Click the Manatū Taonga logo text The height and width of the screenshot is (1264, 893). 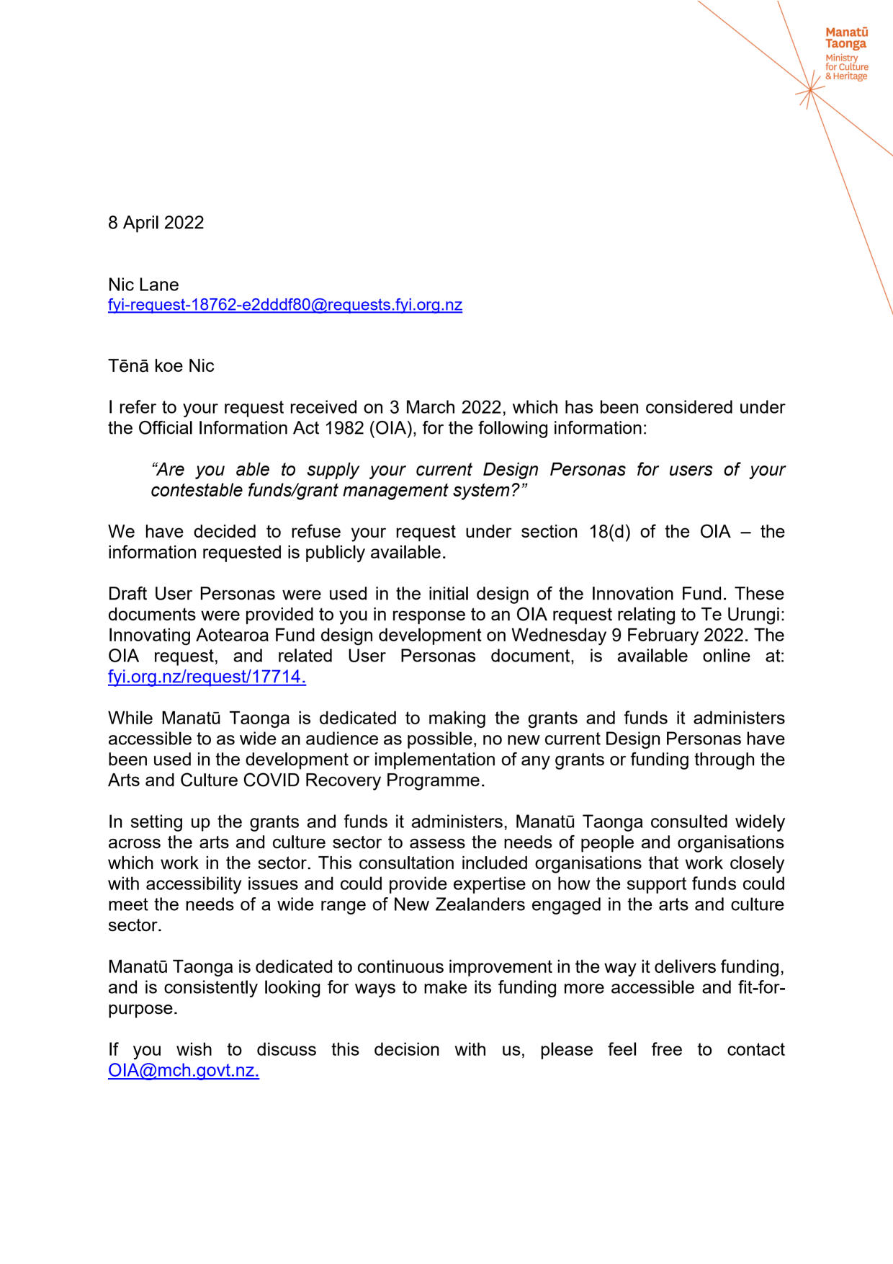click(846, 38)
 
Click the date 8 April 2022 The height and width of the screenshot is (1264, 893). click(156, 223)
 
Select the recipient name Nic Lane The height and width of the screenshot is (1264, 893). click(143, 285)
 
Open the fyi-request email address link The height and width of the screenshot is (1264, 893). click(284, 305)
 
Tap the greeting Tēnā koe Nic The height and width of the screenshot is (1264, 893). click(161, 366)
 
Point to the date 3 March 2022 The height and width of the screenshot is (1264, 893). click(445, 408)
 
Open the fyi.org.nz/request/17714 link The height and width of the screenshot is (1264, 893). click(207, 677)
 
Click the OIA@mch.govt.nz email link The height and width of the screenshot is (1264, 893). click(183, 1070)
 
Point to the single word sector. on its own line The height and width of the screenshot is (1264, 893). click(135, 925)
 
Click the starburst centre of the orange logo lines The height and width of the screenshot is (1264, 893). click(810, 90)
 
